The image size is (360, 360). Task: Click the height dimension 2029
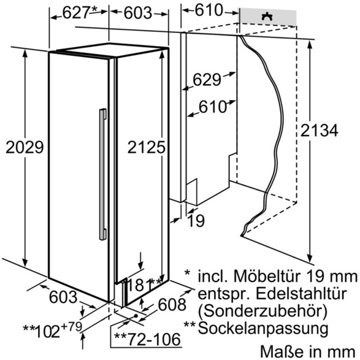click(x=25, y=147)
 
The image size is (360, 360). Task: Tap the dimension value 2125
click(x=146, y=147)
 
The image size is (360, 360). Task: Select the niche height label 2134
click(x=319, y=130)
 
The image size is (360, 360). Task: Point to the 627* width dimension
click(x=80, y=12)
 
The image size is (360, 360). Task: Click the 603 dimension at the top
click(x=138, y=13)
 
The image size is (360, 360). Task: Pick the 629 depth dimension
click(x=207, y=80)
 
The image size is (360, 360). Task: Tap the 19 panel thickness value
click(x=196, y=221)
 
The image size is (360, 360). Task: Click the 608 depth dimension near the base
click(x=172, y=304)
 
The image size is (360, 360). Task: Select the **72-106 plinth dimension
click(x=147, y=339)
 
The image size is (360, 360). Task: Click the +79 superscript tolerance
click(x=71, y=326)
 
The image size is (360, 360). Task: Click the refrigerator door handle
click(x=103, y=174)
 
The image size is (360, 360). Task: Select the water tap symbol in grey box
click(x=267, y=17)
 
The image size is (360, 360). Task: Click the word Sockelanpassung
click(x=263, y=328)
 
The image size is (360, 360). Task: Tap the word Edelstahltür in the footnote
click(x=289, y=293)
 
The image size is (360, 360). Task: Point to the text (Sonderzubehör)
click(x=262, y=312)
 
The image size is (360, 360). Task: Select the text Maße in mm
click(x=308, y=351)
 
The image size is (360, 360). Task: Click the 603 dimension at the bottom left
click(x=63, y=297)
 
